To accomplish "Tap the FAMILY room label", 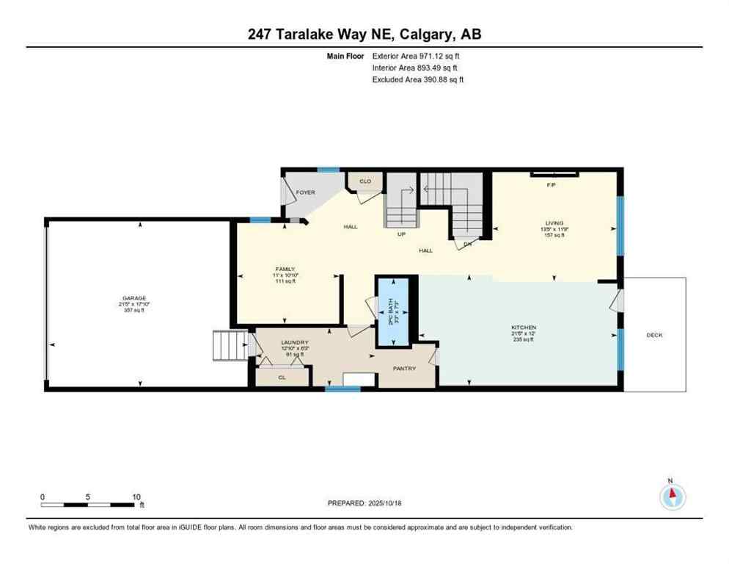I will coord(285,270).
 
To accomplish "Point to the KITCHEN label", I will coord(524,327).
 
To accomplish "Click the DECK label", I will coord(654,335).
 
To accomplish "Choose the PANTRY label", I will coord(404,368).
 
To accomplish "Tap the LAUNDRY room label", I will coord(295,342).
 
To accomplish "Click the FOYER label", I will coord(305,192).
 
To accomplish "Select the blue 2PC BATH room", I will coord(392,310).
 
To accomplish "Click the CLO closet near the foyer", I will coord(364,181).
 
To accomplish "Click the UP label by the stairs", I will coord(401,236).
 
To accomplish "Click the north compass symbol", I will coord(671,497).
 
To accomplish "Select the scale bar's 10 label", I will coord(135,497).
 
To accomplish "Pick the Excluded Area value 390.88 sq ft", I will coord(441,79).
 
